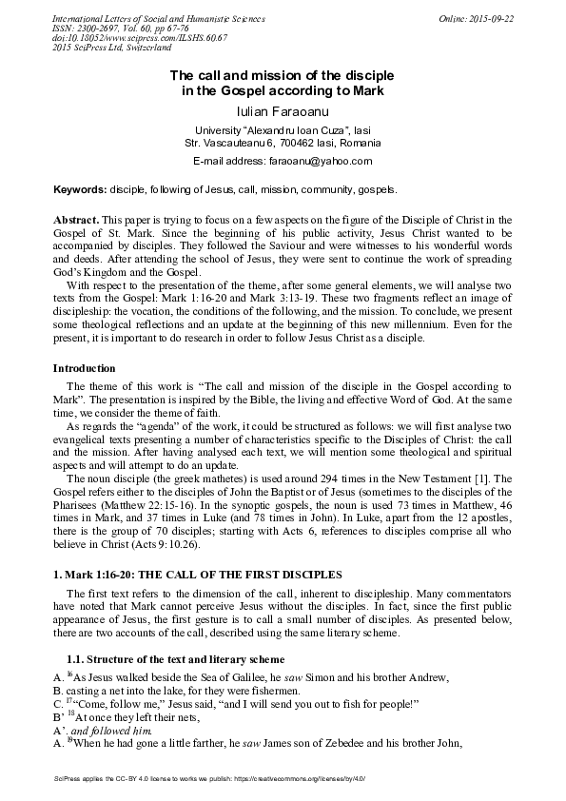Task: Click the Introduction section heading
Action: click(84, 368)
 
